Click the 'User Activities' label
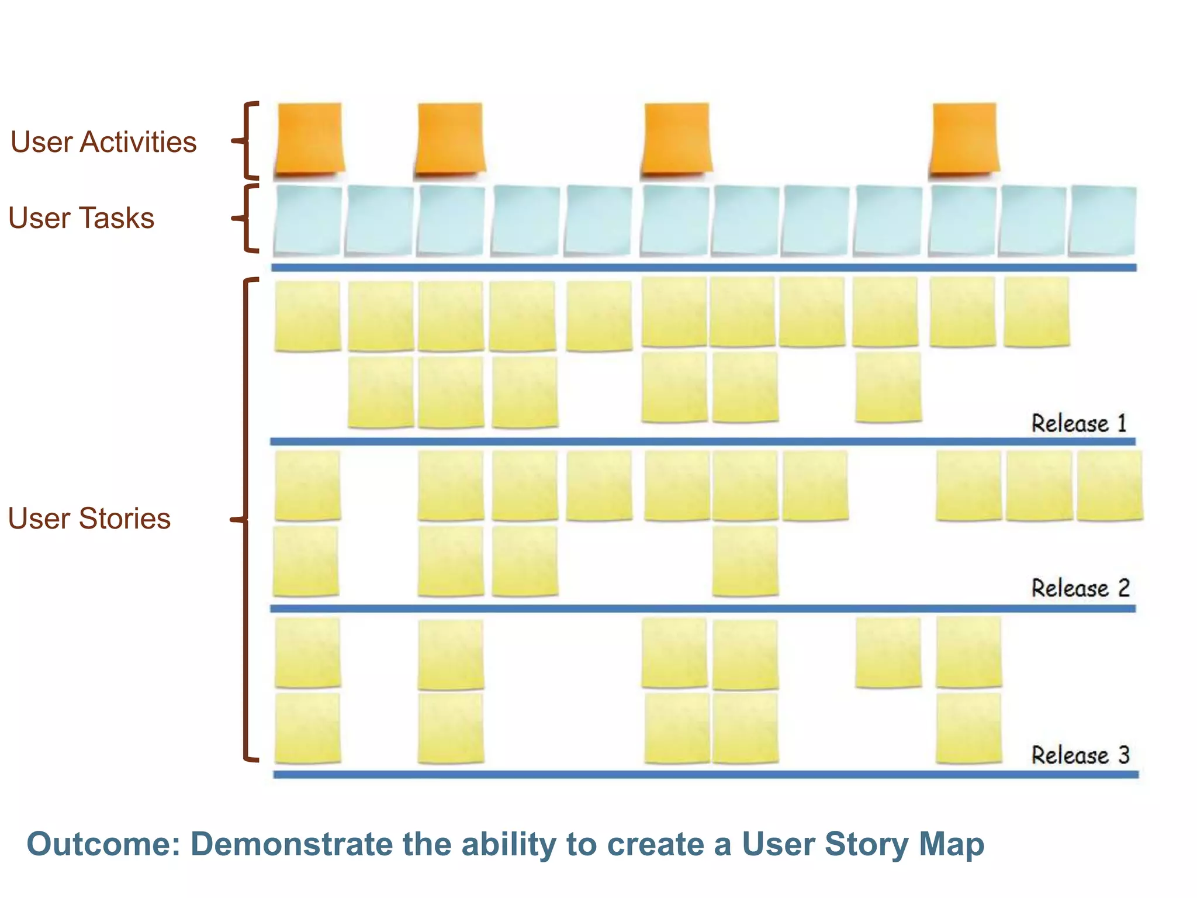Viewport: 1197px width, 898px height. point(103,142)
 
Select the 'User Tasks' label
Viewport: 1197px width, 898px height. point(81,218)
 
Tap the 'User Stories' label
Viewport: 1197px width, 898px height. point(89,519)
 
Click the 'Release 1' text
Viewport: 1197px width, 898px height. point(1079,423)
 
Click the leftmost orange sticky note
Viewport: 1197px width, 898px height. point(309,139)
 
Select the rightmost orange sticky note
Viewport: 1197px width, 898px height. point(964,139)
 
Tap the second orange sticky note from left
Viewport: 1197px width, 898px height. point(449,139)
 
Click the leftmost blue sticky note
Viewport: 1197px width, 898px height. point(307,220)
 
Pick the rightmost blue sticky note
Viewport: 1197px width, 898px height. point(1102,220)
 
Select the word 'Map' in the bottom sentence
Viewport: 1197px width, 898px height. point(952,845)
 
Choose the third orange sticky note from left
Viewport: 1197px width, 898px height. point(676,139)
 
